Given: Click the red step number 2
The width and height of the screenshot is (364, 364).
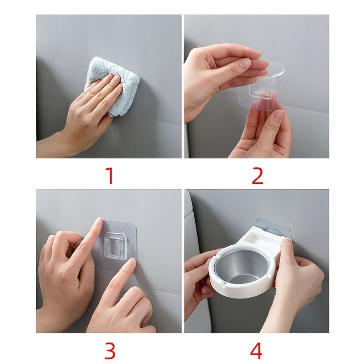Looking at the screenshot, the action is (x=258, y=176).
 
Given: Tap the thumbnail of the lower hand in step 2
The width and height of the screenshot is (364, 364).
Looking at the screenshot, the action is (x=278, y=115).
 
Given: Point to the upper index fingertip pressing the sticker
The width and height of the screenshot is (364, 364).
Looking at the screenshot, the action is (x=98, y=222).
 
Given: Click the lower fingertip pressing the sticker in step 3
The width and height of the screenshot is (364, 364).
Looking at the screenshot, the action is (x=131, y=263).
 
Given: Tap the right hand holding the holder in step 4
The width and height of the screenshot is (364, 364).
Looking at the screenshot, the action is (x=299, y=278).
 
